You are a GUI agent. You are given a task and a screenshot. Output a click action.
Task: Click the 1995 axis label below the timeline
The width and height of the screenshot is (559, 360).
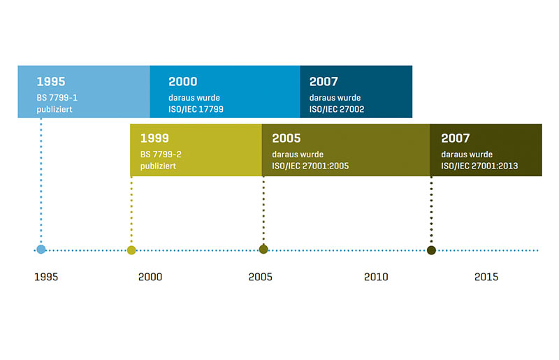pyautogui.click(x=46, y=277)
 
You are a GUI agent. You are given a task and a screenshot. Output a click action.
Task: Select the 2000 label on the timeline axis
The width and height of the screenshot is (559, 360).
pyautogui.click(x=150, y=277)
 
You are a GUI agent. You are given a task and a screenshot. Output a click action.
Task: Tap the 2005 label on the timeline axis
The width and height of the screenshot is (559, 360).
pyautogui.click(x=260, y=277)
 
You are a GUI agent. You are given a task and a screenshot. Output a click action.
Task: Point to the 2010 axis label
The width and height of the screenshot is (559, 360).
pyautogui.click(x=376, y=277)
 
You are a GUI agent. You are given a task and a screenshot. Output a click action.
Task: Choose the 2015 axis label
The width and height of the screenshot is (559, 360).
pyautogui.click(x=486, y=277)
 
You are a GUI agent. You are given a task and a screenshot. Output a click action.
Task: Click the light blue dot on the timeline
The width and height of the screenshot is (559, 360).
pyautogui.click(x=41, y=250)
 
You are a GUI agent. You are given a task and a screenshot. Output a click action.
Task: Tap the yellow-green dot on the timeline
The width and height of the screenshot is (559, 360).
pyautogui.click(x=131, y=250)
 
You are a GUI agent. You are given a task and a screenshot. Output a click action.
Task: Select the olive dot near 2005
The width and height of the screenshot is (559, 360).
pyautogui.click(x=263, y=250)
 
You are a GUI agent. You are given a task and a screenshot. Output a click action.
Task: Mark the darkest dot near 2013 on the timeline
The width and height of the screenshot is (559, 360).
pyautogui.click(x=431, y=250)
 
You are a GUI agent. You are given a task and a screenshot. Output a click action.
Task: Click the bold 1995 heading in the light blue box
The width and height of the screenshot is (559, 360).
pyautogui.click(x=51, y=82)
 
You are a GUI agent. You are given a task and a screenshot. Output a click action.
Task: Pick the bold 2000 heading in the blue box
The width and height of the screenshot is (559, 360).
pyautogui.click(x=182, y=82)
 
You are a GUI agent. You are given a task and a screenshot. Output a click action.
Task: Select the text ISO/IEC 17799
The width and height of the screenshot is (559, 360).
pyautogui.click(x=196, y=109)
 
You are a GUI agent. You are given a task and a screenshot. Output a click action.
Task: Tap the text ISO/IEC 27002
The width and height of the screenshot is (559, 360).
pyautogui.click(x=337, y=109)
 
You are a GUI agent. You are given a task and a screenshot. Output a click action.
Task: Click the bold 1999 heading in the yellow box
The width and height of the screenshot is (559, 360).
pyautogui.click(x=154, y=138)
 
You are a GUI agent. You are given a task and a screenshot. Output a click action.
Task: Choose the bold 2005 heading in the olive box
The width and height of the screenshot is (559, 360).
pyautogui.click(x=286, y=138)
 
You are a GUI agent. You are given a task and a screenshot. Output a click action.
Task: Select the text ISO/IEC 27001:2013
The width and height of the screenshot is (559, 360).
pyautogui.click(x=479, y=166)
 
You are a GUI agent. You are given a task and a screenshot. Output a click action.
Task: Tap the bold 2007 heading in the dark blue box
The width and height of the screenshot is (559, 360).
pyautogui.click(x=324, y=82)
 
